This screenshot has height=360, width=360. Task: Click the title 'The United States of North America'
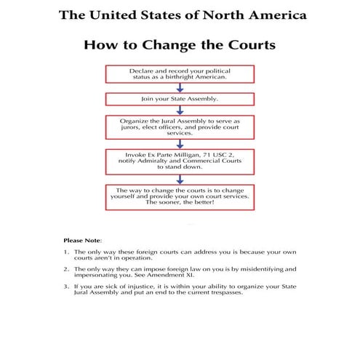pos(180,14)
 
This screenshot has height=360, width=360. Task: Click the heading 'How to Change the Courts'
pos(180,44)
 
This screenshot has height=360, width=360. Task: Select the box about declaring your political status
pos(179,73)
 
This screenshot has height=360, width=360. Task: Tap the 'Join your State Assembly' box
pos(179,97)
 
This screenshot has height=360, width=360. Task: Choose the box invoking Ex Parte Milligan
pos(179,161)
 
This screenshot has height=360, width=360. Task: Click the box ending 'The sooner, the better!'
pos(179,196)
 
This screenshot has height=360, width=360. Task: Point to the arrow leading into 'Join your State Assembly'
pos(179,87)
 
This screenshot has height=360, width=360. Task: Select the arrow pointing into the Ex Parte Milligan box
pos(179,144)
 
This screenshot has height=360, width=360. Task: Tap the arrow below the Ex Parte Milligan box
pos(179,178)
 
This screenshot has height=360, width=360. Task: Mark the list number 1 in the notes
pos(66,252)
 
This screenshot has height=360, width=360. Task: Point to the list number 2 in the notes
pos(66,268)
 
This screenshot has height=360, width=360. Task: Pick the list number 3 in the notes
pos(66,286)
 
